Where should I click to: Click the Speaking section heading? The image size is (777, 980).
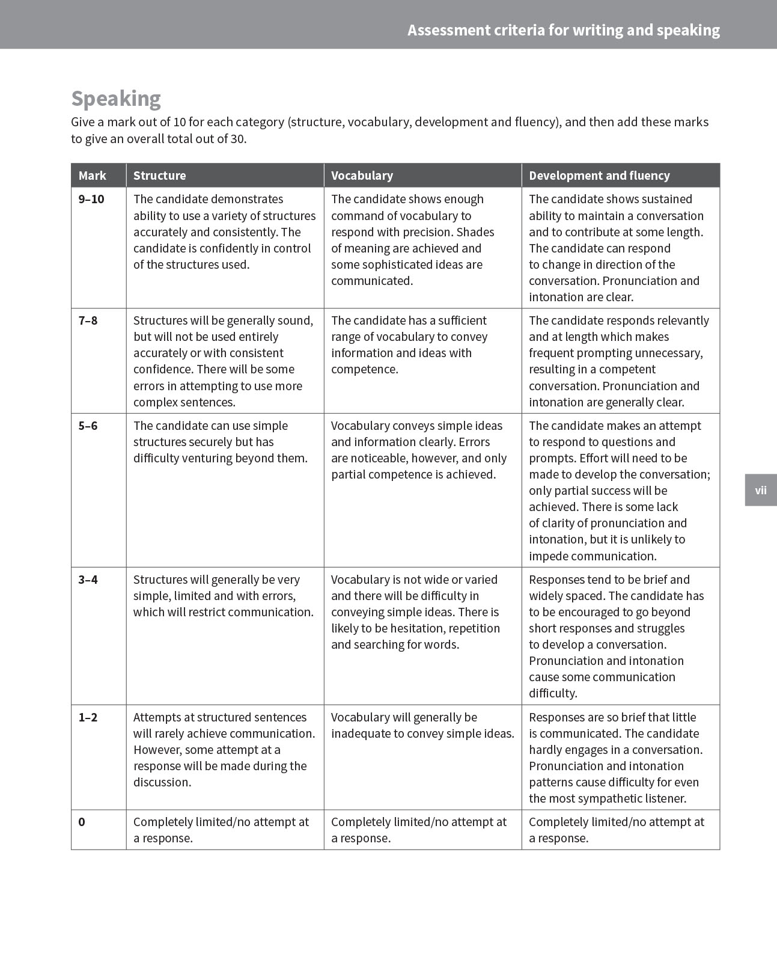coord(116,99)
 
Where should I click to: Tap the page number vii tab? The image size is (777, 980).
coord(760,490)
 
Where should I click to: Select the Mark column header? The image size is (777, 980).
coord(92,176)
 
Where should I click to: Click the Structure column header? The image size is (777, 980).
coord(159,176)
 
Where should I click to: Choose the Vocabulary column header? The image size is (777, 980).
coord(362,176)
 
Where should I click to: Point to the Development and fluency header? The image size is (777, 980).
coord(599,176)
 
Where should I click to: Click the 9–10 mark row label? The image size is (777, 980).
coord(91,199)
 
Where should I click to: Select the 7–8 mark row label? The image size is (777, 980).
coord(88,320)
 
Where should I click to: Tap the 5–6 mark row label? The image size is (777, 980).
coord(88,426)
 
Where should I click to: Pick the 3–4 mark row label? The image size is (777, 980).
coord(88,580)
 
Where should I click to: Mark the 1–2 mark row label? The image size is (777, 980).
coord(88,717)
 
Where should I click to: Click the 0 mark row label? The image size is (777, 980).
coord(82,822)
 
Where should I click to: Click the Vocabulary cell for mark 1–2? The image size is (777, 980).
coord(422,725)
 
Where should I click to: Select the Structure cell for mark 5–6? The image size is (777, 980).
coord(220,442)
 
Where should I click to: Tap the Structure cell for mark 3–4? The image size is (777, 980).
coord(223,596)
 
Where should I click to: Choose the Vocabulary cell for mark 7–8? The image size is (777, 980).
coord(409,345)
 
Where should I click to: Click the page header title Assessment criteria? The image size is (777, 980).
coord(563,30)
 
